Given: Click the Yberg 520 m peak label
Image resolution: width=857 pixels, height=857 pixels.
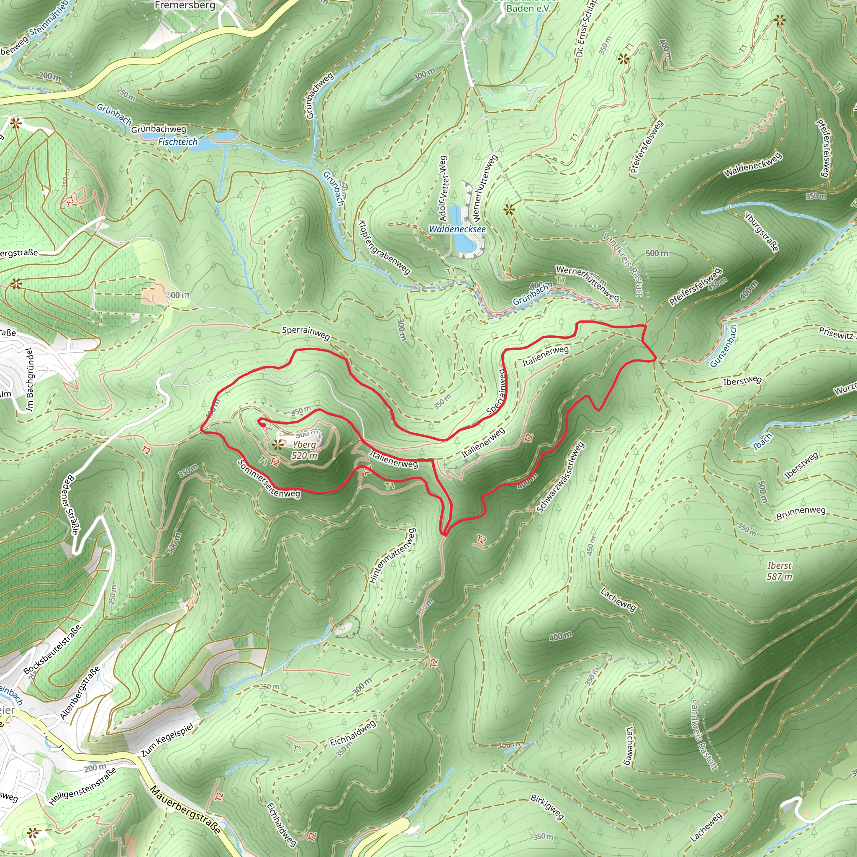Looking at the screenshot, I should [304, 450].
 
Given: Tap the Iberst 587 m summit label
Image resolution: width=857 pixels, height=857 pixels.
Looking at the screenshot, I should [779, 571].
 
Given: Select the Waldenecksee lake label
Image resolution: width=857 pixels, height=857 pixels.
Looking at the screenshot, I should [457, 229].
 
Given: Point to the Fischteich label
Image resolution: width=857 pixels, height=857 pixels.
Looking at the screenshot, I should [178, 141].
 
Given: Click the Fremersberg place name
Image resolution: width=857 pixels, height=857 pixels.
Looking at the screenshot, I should [185, 5].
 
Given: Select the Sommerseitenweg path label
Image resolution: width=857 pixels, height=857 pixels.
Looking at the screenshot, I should [268, 479].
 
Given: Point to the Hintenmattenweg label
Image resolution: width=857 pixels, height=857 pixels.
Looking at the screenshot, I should [393, 555].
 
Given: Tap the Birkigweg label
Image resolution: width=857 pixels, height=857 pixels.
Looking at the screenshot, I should [547, 806].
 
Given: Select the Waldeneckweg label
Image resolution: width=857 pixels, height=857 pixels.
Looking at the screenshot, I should [753, 165].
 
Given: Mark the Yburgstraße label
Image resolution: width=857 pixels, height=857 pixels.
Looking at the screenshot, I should [761, 232].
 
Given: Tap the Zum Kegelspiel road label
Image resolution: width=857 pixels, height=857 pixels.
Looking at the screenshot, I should [167, 740].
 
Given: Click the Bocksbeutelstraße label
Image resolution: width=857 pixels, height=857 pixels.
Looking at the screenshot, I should [52, 649].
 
